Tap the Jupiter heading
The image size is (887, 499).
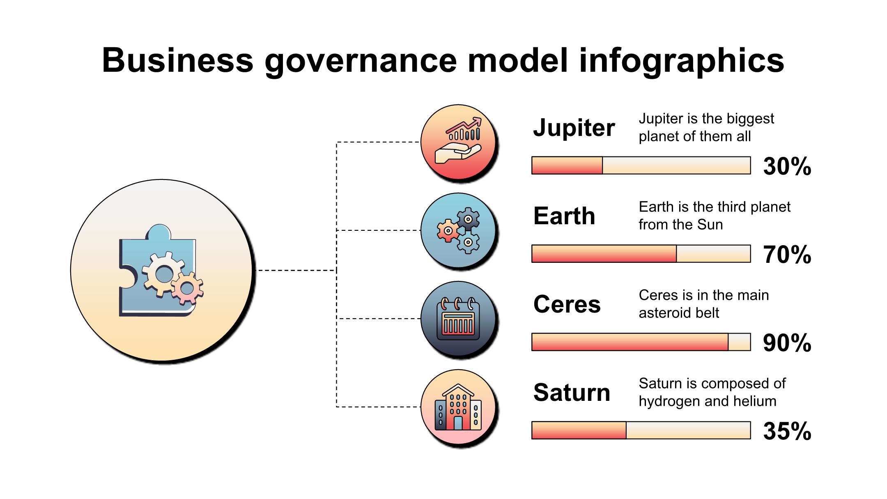574,128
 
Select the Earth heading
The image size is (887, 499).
564,216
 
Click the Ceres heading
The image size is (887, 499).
567,304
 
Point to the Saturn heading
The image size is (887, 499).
572,393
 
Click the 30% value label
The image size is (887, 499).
787,166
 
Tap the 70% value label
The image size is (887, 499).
787,255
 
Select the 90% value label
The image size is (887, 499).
787,343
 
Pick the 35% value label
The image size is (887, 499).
787,431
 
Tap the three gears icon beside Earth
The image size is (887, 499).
459,230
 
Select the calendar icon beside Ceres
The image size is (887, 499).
459,319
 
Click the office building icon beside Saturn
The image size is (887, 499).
458,407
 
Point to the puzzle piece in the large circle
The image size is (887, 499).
157,270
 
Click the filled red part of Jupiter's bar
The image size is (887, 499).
567,165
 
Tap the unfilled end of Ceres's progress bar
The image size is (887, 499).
739,342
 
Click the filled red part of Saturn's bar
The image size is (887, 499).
579,430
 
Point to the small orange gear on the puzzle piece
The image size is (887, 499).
187,288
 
